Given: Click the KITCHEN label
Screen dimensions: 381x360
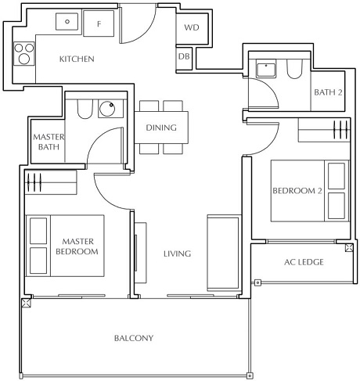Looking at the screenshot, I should pos(77,59).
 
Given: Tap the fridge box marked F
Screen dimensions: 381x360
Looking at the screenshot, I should pos(99,24).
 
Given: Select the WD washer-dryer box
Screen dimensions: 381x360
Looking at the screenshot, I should pos(192,28).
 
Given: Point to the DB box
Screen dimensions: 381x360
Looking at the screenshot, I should pos(184,56).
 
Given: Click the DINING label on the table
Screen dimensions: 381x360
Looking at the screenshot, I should pos(161,128).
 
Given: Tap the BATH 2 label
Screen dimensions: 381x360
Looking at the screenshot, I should pos(328,92).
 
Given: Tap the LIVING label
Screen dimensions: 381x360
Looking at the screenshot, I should pos(177,254).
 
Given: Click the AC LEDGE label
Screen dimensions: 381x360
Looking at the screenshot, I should pos(302,262).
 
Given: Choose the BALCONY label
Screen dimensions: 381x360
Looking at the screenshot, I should pos(133,339).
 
